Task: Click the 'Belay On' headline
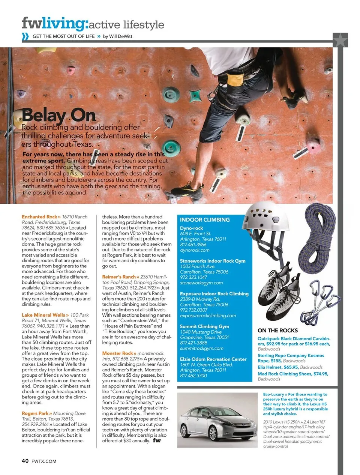(58, 116)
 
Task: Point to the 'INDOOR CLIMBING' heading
(205, 220)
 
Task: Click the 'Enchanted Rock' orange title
(39, 217)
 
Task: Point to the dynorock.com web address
(195, 250)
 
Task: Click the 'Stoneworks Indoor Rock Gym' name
(213, 261)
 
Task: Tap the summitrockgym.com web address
(202, 348)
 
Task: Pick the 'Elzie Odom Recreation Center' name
(213, 359)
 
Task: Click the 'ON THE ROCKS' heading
(277, 331)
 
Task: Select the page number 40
(25, 461)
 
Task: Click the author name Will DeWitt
(120, 36)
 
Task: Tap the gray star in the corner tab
(340, 40)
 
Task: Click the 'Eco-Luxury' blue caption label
(273, 394)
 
